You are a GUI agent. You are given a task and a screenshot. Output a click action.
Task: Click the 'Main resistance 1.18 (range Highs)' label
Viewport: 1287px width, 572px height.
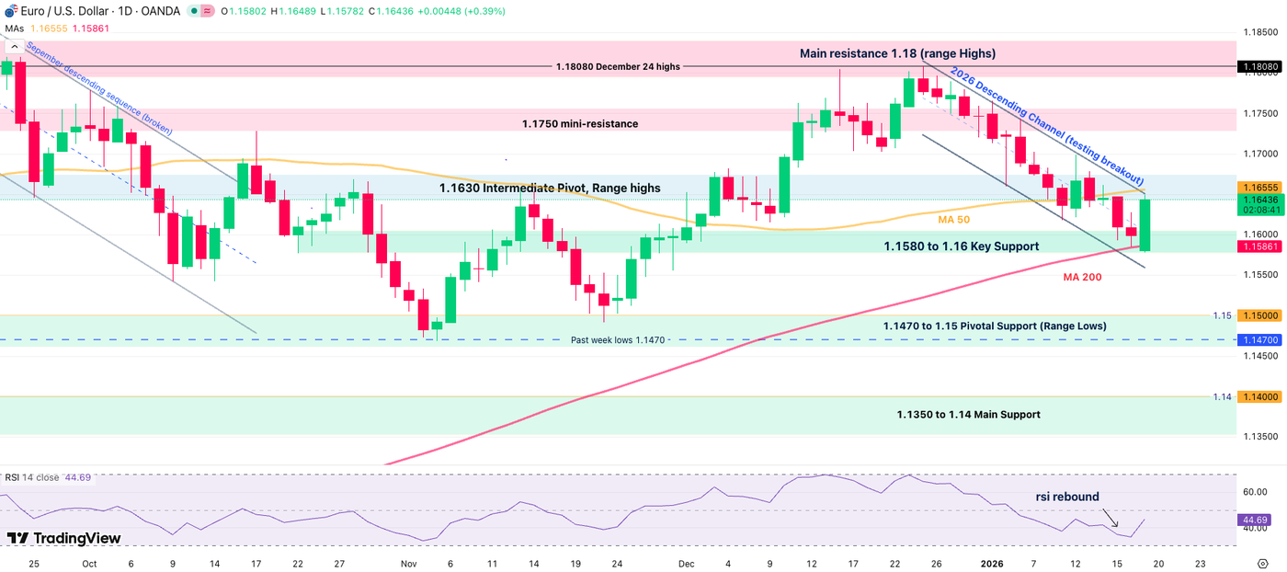(x=897, y=54)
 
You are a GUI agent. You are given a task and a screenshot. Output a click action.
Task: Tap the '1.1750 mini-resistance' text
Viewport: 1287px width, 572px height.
(x=579, y=123)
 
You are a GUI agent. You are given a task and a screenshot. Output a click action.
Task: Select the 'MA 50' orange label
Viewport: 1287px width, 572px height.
(x=953, y=220)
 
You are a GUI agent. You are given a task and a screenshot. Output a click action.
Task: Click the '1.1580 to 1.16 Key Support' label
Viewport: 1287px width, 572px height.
(x=961, y=246)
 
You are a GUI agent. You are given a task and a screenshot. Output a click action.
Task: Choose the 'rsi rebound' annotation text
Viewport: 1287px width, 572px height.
(x=1067, y=497)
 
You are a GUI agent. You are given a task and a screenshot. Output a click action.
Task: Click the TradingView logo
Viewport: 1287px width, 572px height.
(x=63, y=538)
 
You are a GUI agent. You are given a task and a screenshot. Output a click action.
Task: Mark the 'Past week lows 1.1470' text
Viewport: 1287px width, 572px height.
(x=619, y=340)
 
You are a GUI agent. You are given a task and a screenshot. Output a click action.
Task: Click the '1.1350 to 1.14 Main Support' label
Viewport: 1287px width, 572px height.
(x=968, y=415)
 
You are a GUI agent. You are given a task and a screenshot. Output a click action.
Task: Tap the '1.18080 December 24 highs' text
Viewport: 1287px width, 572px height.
(x=618, y=67)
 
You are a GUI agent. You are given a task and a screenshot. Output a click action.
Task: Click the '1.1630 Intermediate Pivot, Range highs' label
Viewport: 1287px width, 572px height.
(x=549, y=188)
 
